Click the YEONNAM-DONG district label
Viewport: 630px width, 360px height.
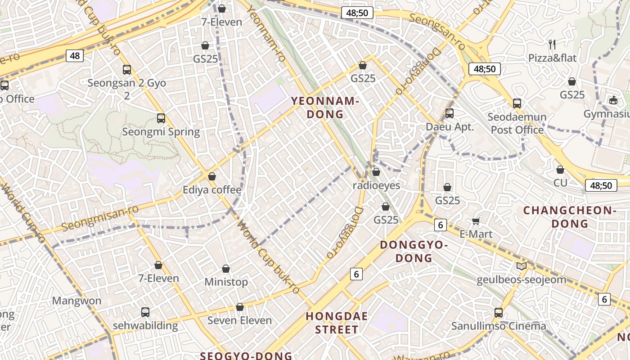[325, 108]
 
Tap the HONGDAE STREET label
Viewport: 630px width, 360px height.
[337, 323]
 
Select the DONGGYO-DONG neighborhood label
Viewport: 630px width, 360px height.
[414, 252]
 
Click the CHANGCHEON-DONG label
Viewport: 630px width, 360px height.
[569, 217]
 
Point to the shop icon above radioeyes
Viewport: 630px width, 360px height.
[376, 172]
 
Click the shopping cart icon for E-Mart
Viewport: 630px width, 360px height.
[476, 221]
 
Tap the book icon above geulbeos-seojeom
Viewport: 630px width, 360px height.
[522, 266]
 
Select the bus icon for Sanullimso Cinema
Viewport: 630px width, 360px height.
[499, 312]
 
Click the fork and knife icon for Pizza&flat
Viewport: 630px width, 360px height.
[553, 44]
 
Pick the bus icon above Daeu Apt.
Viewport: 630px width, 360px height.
[450, 113]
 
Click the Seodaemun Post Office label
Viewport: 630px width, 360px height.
[517, 123]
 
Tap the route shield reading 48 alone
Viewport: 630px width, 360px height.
[75, 56]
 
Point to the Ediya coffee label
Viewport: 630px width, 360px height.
[212, 190]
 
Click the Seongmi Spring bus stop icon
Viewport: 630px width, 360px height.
[161, 118]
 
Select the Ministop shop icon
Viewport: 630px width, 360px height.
[226, 269]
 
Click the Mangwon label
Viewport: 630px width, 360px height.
[77, 301]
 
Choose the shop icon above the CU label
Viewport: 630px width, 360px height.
[560, 170]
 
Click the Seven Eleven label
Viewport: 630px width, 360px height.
[239, 320]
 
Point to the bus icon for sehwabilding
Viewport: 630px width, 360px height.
[145, 312]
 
